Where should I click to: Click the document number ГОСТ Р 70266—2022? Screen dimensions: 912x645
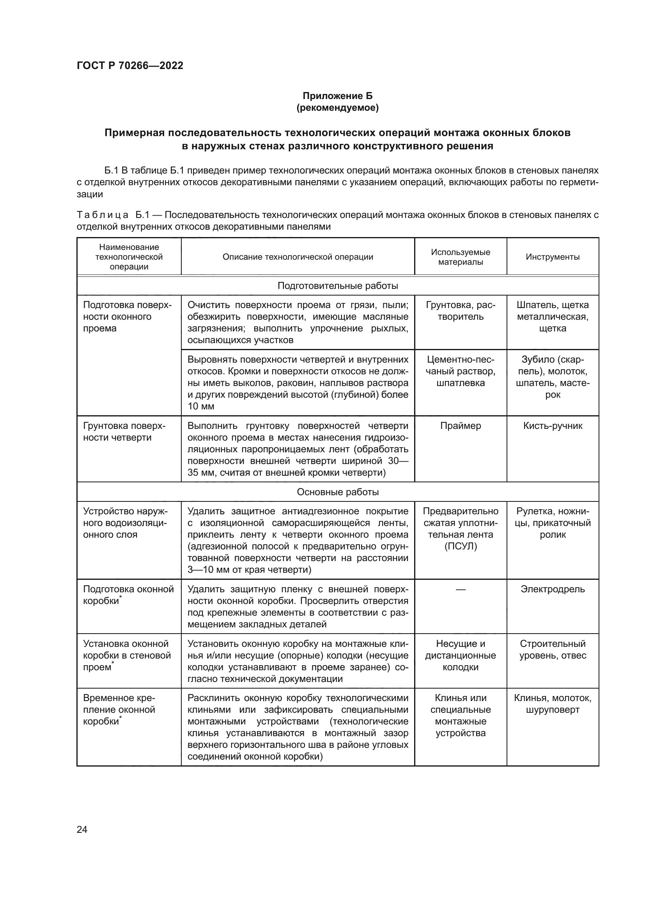pos(130,66)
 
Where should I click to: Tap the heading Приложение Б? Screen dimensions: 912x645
pos(337,96)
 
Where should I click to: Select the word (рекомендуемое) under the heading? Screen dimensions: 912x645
pos(337,108)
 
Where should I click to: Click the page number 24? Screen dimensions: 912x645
pos(82,829)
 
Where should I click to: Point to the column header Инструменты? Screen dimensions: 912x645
pos(553,257)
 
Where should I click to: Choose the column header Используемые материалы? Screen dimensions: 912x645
pos(460,257)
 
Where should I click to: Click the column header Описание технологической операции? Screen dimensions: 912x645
pos(298,257)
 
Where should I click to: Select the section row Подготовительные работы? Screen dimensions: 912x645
pos(338,285)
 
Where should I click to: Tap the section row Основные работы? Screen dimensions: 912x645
pos(338,492)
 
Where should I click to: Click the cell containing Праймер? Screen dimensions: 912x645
pos(460,426)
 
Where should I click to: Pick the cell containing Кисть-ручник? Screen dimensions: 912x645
pos(553,426)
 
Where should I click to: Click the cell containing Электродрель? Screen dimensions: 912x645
pos(553,589)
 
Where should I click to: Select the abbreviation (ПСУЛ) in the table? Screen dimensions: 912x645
pos(460,546)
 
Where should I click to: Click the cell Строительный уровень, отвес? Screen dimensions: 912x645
pos(553,649)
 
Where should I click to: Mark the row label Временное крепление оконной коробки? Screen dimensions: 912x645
pos(119,709)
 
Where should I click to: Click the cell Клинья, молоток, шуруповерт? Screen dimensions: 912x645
pos(553,703)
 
